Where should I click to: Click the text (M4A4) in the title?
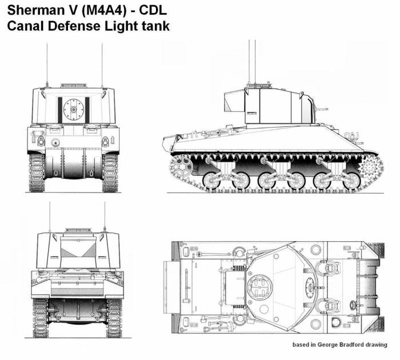click(x=104, y=10)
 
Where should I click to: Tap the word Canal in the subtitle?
click(x=25, y=26)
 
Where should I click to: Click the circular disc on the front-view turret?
click(x=74, y=110)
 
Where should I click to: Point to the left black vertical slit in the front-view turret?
click(x=60, y=110)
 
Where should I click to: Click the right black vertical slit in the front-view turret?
click(x=87, y=110)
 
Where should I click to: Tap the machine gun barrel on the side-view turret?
click(x=321, y=110)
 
